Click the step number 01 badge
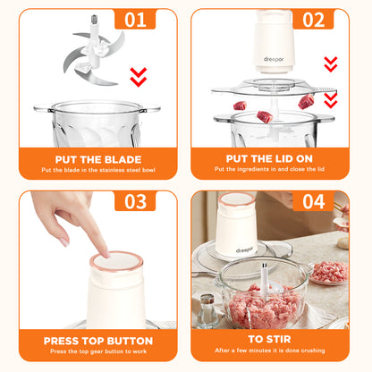tap(135, 20)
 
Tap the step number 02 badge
tap(313, 20)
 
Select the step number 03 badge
tap(135, 201)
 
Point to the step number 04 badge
tap(313, 201)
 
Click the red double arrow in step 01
tap(139, 77)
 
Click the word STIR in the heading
tap(279, 339)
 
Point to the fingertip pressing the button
tap(106, 254)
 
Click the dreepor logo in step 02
tap(274, 59)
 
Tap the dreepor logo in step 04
tap(245, 249)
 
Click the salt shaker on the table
tap(207, 310)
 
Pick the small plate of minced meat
tap(329, 273)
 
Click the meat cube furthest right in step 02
tap(306, 101)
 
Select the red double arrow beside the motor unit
tap(331, 64)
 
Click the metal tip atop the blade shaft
tap(94, 20)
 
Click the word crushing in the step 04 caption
tap(313, 351)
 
